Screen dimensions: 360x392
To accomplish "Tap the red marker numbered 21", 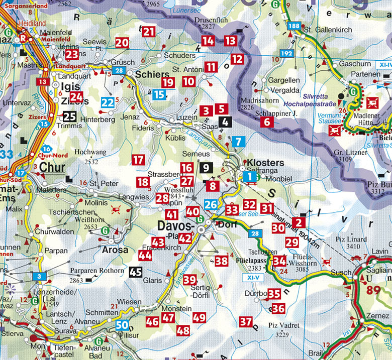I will [148, 32].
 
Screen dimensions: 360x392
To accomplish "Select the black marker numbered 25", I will [70, 117].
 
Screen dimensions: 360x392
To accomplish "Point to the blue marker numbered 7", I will [238, 142].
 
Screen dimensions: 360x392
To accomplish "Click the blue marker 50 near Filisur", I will [122, 325].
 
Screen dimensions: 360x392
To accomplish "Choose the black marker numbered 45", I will [136, 273].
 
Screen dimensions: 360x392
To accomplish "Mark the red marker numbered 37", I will [246, 321].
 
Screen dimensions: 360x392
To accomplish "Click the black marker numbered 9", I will [206, 168].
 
